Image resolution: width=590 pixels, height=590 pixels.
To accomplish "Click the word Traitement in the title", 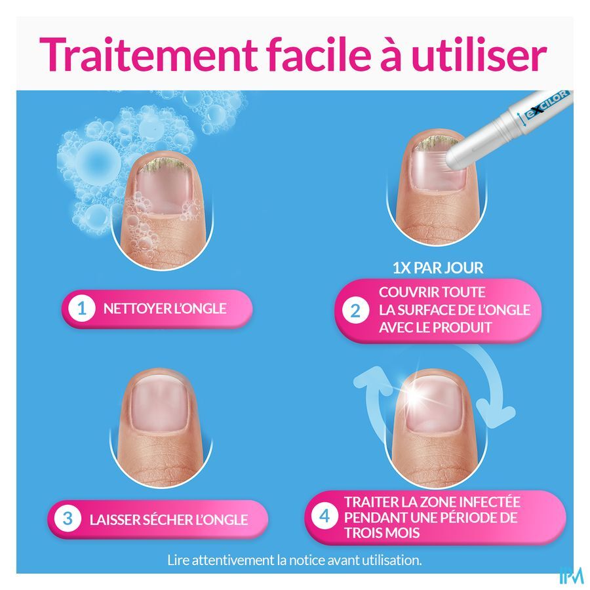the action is [148, 54].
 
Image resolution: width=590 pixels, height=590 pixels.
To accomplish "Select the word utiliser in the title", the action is [479, 54].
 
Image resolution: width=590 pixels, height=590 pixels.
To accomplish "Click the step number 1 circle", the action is [82, 309].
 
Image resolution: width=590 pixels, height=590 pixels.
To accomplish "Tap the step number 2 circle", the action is [355, 311].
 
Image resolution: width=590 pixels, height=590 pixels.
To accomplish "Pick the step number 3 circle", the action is [68, 519].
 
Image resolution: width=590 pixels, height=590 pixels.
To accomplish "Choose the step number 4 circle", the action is [324, 517].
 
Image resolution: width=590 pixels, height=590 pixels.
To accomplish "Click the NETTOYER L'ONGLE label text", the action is [165, 309].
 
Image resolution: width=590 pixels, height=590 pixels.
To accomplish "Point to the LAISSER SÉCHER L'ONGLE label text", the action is [168, 520].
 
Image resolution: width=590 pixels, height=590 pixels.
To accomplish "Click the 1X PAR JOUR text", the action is [438, 268].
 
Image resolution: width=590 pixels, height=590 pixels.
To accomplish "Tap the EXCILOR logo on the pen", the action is [547, 105].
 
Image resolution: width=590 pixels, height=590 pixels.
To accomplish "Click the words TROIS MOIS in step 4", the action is [382, 533].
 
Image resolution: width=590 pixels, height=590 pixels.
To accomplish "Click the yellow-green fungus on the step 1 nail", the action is [163, 165].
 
